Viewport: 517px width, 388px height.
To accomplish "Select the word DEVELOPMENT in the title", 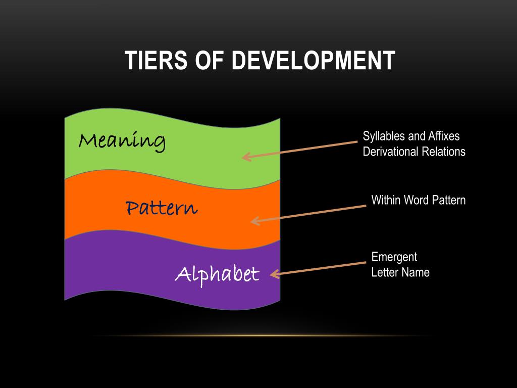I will click(313, 61).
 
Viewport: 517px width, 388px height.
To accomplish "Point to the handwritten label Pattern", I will click(161, 207).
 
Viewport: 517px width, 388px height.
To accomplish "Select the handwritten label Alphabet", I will click(217, 274).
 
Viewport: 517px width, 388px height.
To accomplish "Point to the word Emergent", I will click(394, 257).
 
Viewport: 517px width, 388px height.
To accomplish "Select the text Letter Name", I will click(400, 272).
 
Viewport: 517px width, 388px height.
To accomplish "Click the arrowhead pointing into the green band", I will click(245, 157).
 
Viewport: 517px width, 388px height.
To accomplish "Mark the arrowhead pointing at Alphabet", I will click(274, 274).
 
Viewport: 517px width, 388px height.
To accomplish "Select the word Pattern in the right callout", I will click(449, 200).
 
